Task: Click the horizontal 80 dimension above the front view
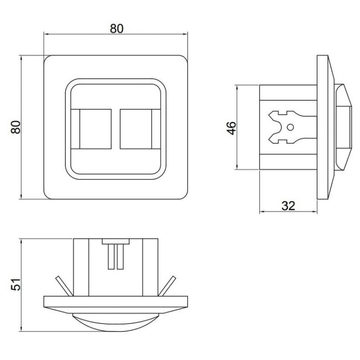(x=117, y=29)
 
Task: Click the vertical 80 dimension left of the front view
(x=16, y=127)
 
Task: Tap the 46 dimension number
(x=231, y=128)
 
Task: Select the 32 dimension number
(x=288, y=206)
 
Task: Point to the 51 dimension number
(x=16, y=285)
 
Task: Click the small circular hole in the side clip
(x=290, y=127)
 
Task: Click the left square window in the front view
(x=96, y=129)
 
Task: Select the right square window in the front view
(x=136, y=129)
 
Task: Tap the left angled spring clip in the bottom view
(x=64, y=286)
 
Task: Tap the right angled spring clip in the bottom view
(x=167, y=286)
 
